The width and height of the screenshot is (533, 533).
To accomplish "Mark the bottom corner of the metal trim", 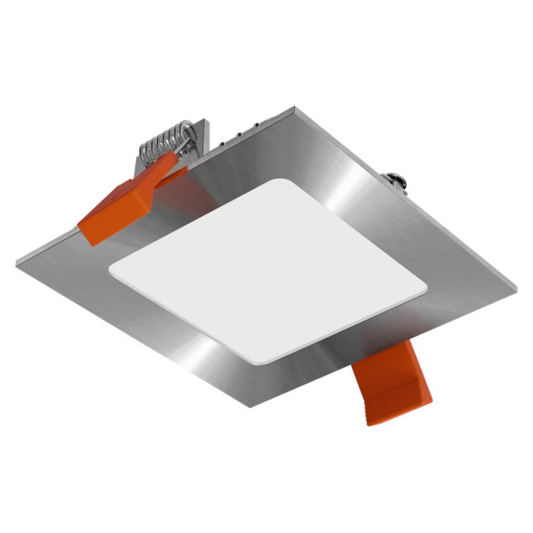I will [251, 407].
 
